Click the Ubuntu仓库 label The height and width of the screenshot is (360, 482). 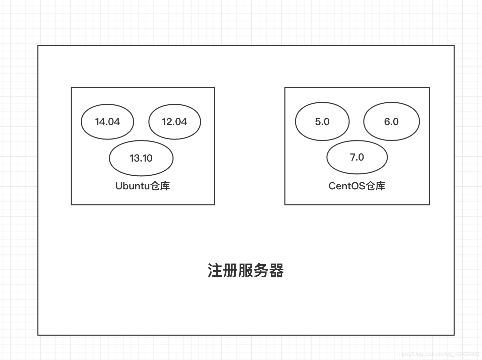click(143, 186)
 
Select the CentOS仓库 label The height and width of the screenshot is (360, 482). click(357, 186)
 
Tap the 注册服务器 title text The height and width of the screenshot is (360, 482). click(246, 270)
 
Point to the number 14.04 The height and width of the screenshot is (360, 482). click(107, 122)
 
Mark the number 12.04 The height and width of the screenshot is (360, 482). click(174, 122)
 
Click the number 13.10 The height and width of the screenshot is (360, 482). click(141, 158)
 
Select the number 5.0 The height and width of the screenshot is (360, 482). click(322, 122)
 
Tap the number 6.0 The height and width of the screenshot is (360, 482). click(391, 122)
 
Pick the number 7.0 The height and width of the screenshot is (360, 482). click(357, 157)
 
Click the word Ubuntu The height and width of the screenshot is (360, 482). click(133, 186)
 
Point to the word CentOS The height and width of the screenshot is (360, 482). click(347, 186)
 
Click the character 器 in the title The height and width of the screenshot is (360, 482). click(276, 270)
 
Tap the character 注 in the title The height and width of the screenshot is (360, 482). click(215, 270)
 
